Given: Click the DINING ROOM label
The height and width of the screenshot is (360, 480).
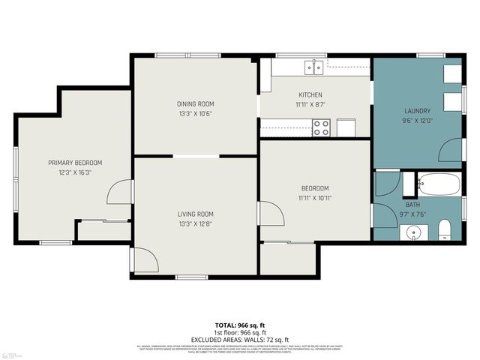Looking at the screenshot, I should (195, 103).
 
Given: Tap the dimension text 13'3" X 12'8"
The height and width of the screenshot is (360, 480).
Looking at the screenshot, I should (195, 223).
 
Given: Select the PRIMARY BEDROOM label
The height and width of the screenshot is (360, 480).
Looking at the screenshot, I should (75, 163).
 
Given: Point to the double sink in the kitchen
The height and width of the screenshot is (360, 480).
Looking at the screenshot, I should (314, 67).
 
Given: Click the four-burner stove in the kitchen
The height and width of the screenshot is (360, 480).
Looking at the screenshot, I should (321, 127).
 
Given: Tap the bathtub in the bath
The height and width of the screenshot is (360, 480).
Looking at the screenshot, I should (439, 184).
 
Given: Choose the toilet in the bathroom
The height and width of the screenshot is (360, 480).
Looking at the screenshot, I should (443, 229).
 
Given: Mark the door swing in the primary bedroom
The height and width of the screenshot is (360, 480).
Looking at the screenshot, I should (120, 192).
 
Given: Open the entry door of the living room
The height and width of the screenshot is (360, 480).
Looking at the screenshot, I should (144, 259).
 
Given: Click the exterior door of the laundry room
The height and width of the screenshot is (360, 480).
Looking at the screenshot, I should (451, 150).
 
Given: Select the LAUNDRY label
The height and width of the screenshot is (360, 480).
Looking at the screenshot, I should (418, 111).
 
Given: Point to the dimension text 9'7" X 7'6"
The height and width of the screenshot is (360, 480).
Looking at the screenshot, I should (413, 213).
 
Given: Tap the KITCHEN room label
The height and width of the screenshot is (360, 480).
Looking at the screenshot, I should (310, 94).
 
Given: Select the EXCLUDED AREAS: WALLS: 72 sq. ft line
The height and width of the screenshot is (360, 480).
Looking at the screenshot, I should (240, 340).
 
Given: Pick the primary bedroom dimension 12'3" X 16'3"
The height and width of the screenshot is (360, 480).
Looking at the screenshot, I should (75, 172).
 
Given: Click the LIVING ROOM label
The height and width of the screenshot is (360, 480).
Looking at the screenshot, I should (195, 214).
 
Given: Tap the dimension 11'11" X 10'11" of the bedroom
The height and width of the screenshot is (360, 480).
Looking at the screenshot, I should (315, 198).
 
